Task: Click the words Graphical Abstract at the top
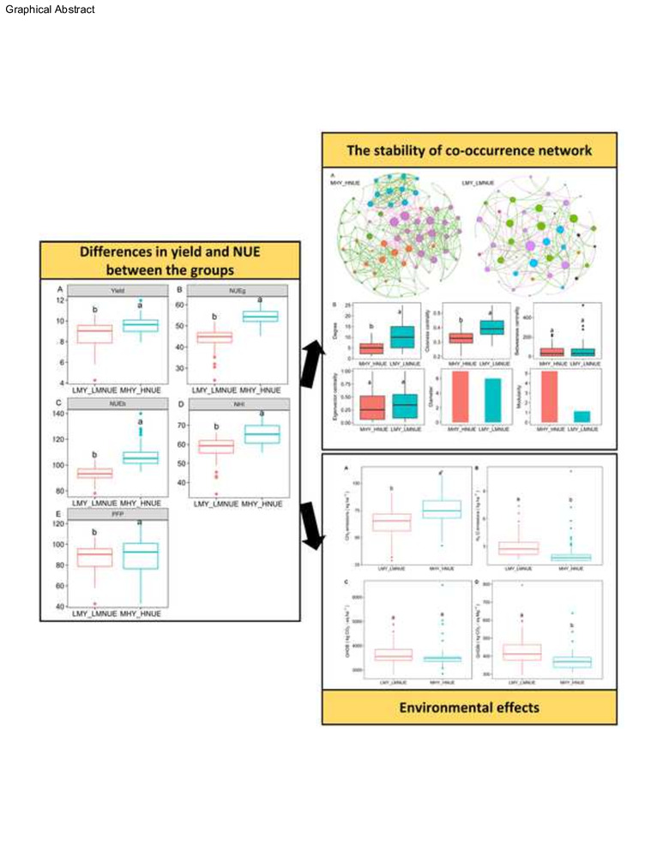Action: [x=49, y=9]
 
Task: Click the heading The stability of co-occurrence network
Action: [x=469, y=150]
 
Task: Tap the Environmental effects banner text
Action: [x=469, y=710]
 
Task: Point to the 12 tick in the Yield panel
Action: [x=61, y=299]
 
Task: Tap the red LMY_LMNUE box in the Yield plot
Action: [x=95, y=335]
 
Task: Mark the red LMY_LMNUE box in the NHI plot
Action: [x=216, y=446]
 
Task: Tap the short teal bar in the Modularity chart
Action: [x=582, y=416]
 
